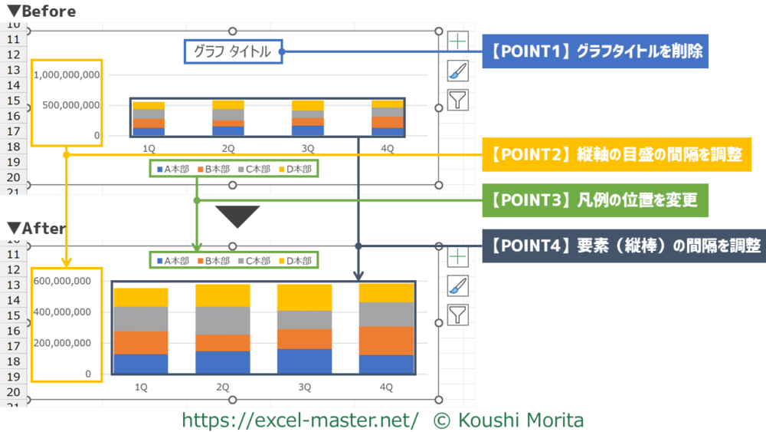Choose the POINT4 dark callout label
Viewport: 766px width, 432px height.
[624, 246]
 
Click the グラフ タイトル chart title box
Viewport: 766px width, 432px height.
[233, 52]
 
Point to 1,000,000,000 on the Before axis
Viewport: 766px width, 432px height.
[67, 75]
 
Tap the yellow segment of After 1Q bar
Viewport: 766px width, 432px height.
[140, 298]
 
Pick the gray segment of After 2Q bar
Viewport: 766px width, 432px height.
[222, 321]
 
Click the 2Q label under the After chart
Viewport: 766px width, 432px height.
[222, 387]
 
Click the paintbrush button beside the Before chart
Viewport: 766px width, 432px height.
[457, 71]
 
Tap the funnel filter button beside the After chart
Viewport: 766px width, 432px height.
[457, 313]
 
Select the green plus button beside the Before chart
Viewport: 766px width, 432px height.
[457, 41]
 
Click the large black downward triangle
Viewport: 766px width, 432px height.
[239, 216]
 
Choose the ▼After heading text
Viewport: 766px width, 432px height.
[38, 228]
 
